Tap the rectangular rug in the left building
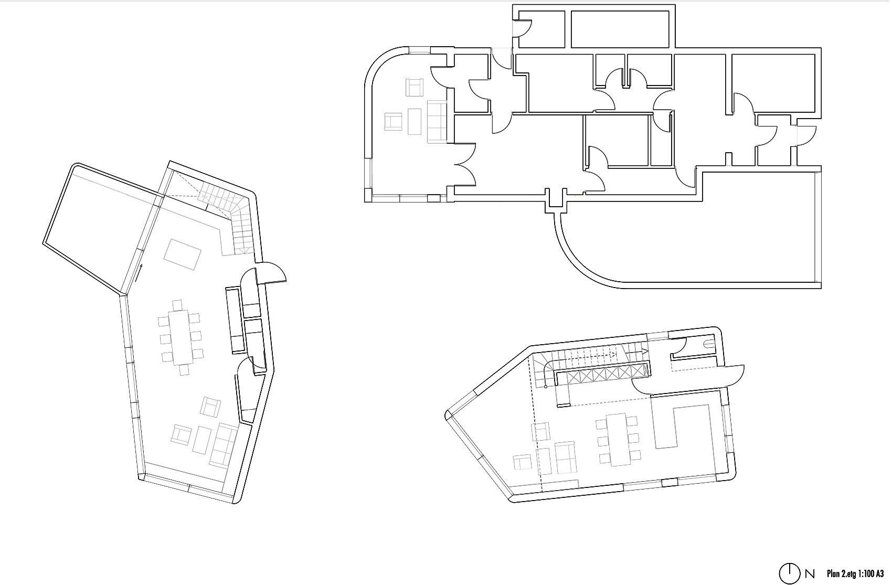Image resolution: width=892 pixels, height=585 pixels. point(182,254)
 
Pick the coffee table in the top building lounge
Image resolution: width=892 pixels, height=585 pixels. point(415,121)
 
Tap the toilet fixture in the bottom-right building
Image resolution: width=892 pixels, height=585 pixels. point(708,344)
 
